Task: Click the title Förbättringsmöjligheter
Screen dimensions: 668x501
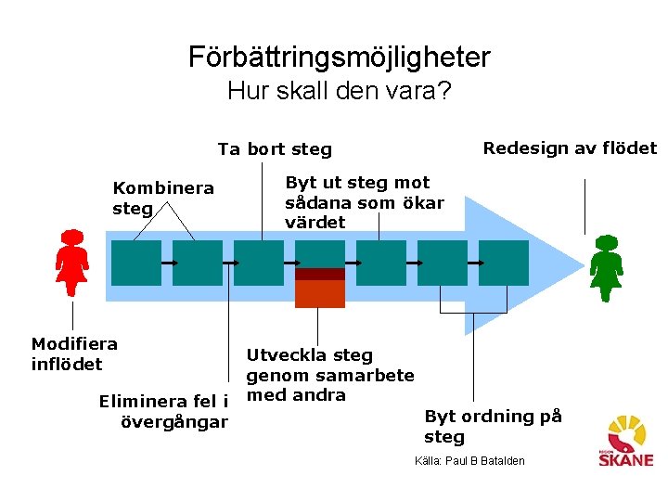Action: click(339, 58)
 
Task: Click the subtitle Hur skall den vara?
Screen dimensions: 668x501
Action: click(339, 92)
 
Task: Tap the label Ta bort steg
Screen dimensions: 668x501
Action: click(275, 149)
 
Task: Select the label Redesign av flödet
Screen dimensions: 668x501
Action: click(570, 148)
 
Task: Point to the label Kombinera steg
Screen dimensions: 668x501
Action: click(162, 198)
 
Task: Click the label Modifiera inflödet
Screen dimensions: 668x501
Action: click(74, 353)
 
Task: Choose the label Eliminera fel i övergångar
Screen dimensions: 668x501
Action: click(163, 412)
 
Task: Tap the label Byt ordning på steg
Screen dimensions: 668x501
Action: click(493, 426)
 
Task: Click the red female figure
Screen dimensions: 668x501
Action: click(71, 263)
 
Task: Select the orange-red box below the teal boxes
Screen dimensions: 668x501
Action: click(319, 293)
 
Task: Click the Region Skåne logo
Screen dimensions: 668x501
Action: click(629, 441)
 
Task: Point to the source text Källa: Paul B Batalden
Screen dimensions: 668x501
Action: click(469, 461)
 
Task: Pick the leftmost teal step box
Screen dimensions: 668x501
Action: click(136, 263)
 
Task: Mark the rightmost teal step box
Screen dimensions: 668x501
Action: click(504, 263)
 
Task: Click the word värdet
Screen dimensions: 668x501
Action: click(315, 223)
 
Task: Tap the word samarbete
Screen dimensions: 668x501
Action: click(366, 375)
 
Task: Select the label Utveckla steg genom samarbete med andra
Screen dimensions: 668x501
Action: click(329, 375)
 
